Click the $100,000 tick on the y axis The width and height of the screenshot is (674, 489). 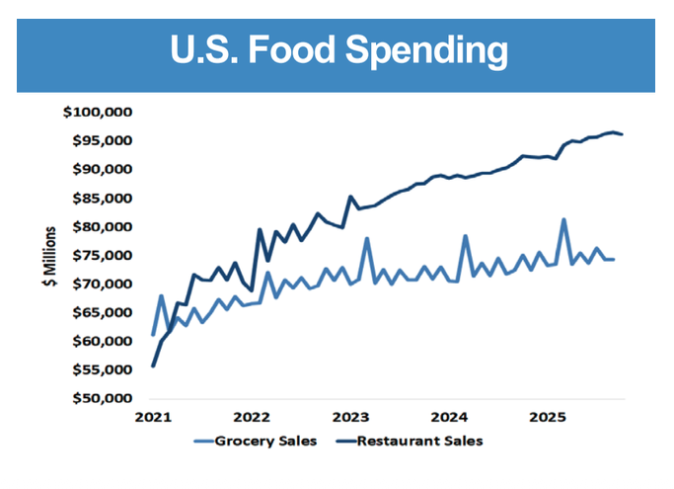point(97,112)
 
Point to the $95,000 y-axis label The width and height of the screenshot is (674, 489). point(100,140)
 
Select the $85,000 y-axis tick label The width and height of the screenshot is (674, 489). point(100,198)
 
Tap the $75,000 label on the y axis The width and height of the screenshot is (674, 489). point(100,255)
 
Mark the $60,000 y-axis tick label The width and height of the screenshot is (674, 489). point(100,341)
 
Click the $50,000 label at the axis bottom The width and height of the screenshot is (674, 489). point(100,398)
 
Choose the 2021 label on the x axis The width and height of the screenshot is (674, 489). point(153,417)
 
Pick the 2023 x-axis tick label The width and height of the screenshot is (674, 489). point(350,417)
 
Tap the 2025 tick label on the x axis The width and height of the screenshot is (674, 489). point(548,417)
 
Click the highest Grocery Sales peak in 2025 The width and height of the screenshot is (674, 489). point(563,219)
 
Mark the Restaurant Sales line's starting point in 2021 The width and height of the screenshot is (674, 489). point(153,366)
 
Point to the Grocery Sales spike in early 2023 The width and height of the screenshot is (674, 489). point(366,238)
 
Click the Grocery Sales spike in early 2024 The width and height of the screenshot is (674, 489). point(465,236)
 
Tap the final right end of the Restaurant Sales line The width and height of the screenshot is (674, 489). point(622,134)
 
